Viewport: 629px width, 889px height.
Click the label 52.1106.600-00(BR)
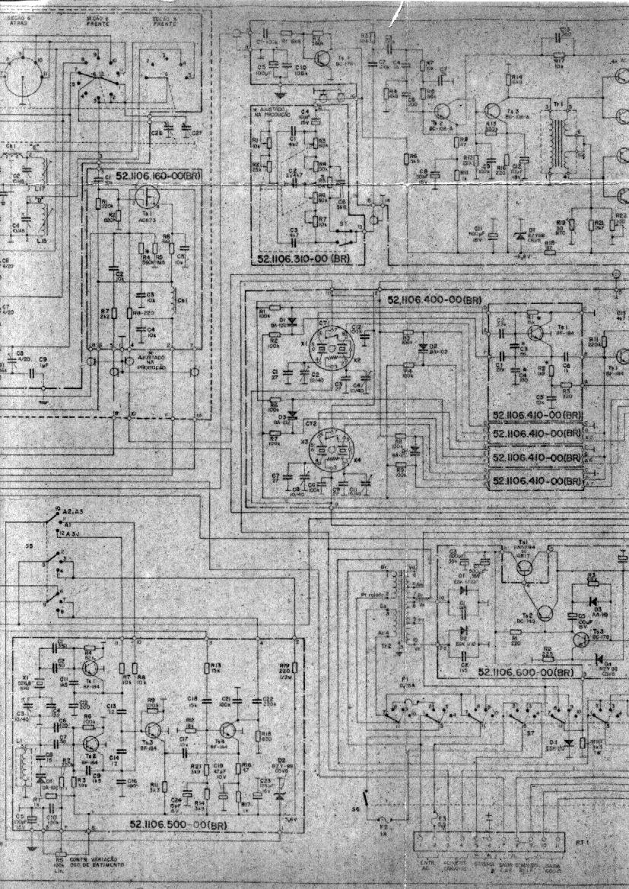526,672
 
